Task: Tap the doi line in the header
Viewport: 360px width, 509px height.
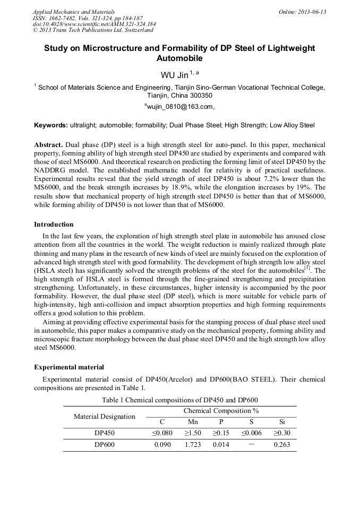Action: coord(94,24)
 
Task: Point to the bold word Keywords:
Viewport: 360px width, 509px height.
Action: coord(51,126)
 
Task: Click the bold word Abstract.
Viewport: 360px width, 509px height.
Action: coord(49,144)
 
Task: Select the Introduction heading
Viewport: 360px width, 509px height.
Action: coord(54,225)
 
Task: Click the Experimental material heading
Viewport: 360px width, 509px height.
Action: coord(69,367)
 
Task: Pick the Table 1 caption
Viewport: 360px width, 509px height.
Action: coord(179,400)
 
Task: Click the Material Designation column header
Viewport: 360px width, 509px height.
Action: coord(104,417)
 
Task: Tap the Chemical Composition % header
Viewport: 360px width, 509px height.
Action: coord(221,411)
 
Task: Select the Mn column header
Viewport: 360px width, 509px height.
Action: coord(193,422)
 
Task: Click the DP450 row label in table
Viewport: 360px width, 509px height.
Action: coord(105,433)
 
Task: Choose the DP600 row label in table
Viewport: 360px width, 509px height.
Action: coord(105,445)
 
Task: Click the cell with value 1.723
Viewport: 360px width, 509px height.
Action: coord(193,445)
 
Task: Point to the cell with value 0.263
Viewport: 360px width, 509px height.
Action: coord(281,445)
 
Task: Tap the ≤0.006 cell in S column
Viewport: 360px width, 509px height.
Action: coord(251,433)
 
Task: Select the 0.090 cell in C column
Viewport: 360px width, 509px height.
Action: coord(162,445)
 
